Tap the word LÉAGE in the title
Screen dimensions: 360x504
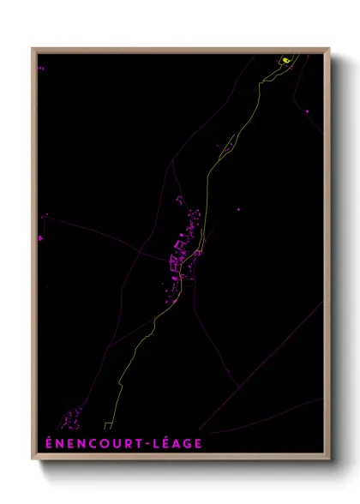click(177, 443)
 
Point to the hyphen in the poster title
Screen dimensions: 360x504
click(147, 444)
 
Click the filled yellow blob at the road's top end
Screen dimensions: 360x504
click(285, 60)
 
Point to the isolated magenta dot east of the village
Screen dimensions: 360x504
click(238, 208)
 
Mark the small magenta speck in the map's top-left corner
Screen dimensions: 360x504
click(39, 67)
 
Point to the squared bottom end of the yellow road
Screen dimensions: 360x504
click(107, 425)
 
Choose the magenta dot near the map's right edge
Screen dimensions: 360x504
click(306, 111)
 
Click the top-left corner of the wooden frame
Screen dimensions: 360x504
click(33, 48)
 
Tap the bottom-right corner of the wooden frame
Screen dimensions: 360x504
click(329, 459)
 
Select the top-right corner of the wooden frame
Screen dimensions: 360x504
click(329, 48)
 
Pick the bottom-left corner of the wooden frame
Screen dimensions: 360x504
click(33, 459)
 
